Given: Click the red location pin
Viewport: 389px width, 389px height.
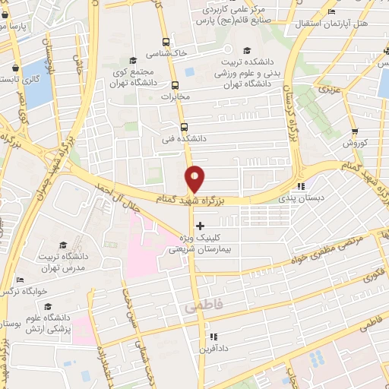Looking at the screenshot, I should coord(195,178).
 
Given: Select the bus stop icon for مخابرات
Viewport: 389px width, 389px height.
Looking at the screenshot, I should coord(176,85).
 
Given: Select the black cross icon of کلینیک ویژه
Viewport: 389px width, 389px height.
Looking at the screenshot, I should coord(201,226).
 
